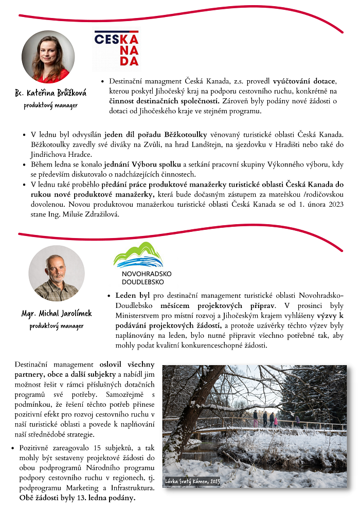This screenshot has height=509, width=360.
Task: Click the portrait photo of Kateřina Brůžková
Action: (48, 57)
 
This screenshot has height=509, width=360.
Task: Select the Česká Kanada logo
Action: (116, 49)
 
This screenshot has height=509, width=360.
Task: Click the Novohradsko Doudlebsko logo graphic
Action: (138, 254)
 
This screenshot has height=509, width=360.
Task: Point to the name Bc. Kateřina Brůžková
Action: (50, 93)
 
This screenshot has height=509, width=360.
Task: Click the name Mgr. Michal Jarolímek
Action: (57, 313)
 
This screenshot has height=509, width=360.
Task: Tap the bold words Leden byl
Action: (133, 295)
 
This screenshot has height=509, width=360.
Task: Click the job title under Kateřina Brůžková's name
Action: (51, 105)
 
